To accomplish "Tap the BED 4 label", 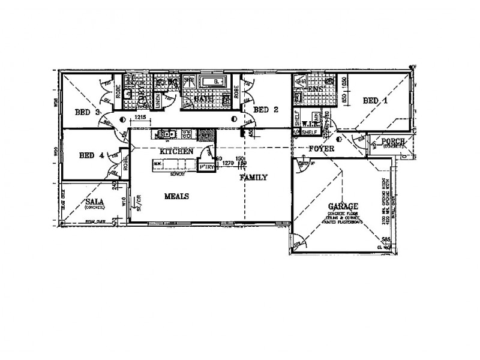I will [x=92, y=155].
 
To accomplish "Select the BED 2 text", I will [x=265, y=110].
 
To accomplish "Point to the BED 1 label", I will [x=376, y=102].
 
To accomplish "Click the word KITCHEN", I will [x=176, y=152].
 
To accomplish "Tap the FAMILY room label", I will [x=253, y=178].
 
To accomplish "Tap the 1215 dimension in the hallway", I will [x=141, y=118].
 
